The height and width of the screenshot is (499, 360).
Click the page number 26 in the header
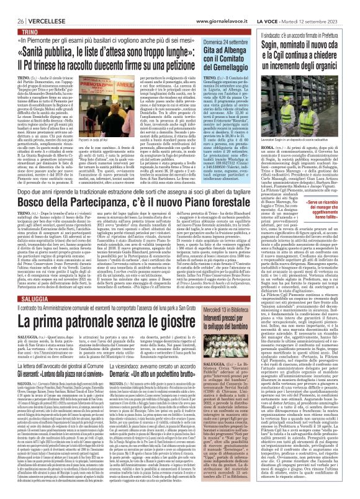tap(12, 6)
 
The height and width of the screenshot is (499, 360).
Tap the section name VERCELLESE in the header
tap(37, 6)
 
